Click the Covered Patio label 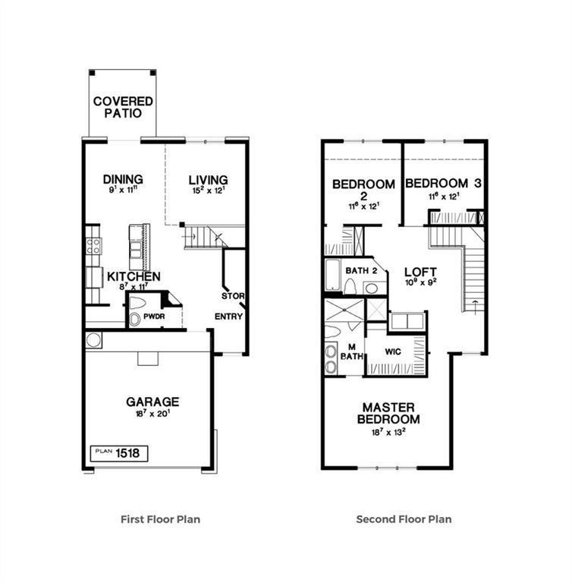pyautogui.click(x=123, y=107)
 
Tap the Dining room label pyautogui.click(x=123, y=180)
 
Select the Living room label pyautogui.click(x=208, y=180)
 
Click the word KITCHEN pyautogui.click(x=134, y=276)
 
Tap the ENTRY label pyautogui.click(x=228, y=317)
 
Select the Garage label pyautogui.click(x=152, y=402)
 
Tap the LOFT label pyautogui.click(x=420, y=272)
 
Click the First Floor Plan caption pyautogui.click(x=161, y=520)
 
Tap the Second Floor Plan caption pyautogui.click(x=404, y=520)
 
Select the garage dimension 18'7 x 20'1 pyautogui.click(x=152, y=414)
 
